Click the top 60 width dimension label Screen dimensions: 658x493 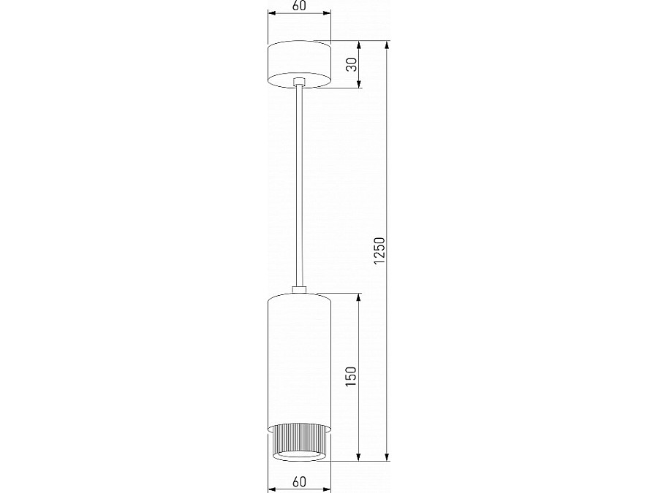[299, 7]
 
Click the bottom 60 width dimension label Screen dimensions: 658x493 [299, 482]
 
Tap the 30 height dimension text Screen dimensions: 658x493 [352, 64]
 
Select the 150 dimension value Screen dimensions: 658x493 [352, 376]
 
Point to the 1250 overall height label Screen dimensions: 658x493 [379, 251]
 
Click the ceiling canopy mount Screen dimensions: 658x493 [299, 64]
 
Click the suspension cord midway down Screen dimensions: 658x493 [299, 186]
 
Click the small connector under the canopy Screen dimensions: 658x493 [299, 82]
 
